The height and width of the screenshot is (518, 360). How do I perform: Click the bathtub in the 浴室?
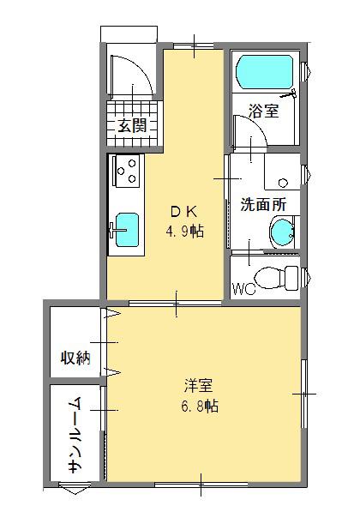[265, 72]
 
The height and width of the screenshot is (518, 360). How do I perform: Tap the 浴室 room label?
[263, 111]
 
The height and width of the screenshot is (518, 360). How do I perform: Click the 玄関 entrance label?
[133, 125]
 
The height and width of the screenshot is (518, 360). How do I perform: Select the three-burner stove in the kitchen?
[128, 171]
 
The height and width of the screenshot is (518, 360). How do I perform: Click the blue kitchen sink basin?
[127, 230]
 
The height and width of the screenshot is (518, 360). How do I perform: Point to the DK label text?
[184, 212]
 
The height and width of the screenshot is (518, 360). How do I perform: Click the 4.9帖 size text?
[184, 232]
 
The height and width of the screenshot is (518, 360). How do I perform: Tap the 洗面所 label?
[263, 204]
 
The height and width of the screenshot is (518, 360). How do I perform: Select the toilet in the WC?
[277, 278]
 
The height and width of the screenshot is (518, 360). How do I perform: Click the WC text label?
[243, 289]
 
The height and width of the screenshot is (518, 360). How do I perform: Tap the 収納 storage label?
[75, 357]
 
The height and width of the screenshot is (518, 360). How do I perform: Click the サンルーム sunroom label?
[75, 435]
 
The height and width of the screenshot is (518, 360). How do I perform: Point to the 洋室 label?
[199, 385]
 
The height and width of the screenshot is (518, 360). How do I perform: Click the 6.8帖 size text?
[200, 406]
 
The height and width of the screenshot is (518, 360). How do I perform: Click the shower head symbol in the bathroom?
[288, 94]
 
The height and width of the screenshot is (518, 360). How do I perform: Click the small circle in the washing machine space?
[283, 183]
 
